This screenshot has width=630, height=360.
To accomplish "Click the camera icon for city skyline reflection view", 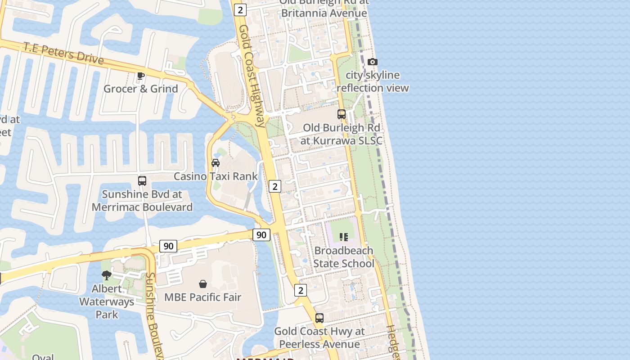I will click(373, 62).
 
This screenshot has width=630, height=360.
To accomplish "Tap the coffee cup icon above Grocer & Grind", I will click(141, 76).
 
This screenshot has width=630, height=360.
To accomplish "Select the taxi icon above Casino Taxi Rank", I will click(216, 163).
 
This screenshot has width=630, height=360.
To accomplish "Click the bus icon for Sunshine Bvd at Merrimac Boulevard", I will click(142, 181).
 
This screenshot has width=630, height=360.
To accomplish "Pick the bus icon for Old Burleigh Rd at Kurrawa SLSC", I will click(342, 114).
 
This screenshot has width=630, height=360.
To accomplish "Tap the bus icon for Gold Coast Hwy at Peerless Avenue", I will click(319, 318).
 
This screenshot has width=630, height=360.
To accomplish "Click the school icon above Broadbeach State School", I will click(344, 237).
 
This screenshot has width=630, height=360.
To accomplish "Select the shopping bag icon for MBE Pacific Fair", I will click(203, 284).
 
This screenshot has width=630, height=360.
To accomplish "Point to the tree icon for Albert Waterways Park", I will click(107, 275).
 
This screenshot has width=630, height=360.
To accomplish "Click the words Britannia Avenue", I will click(324, 13).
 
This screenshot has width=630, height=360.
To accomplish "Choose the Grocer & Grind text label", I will click(141, 89).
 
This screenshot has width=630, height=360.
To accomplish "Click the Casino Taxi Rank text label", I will click(216, 176).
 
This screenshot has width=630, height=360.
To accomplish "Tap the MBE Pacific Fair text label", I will click(203, 297).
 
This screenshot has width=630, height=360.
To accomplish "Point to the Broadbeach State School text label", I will click(344, 257).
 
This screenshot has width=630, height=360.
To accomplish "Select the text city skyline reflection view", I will click(373, 81).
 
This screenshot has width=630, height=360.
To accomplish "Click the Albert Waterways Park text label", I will click(107, 301).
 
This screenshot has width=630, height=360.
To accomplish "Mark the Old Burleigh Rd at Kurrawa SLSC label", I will click(342, 134).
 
